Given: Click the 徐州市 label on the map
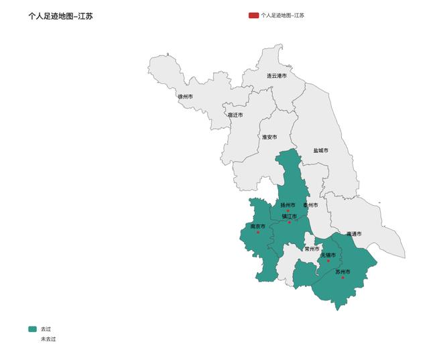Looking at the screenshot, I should (x=185, y=97).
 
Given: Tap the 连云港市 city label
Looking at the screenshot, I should (x=276, y=76).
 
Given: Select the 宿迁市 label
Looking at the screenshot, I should (x=235, y=115).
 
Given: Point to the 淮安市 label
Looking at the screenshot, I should (x=269, y=137).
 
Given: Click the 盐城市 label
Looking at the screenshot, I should (x=321, y=150).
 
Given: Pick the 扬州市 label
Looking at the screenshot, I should (x=288, y=204).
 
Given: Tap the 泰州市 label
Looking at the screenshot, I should (x=310, y=204).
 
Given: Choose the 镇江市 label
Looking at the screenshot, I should (x=289, y=216).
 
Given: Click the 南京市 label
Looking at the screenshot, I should (x=258, y=227).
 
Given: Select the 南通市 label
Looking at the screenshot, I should (x=354, y=234).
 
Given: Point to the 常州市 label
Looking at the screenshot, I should (x=312, y=249).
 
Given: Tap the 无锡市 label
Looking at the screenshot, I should (x=328, y=255).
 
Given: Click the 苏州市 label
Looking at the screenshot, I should (x=343, y=272).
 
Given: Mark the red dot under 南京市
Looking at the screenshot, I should (x=259, y=233).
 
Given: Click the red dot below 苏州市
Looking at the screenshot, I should (x=343, y=278).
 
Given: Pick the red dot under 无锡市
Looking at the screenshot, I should (x=328, y=261).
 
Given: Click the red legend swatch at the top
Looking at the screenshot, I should (x=253, y=15).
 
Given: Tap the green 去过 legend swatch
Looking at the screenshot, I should (x=33, y=329).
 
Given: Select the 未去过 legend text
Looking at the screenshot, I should (x=48, y=339).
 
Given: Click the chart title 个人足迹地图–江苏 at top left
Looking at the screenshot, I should (x=60, y=15).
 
